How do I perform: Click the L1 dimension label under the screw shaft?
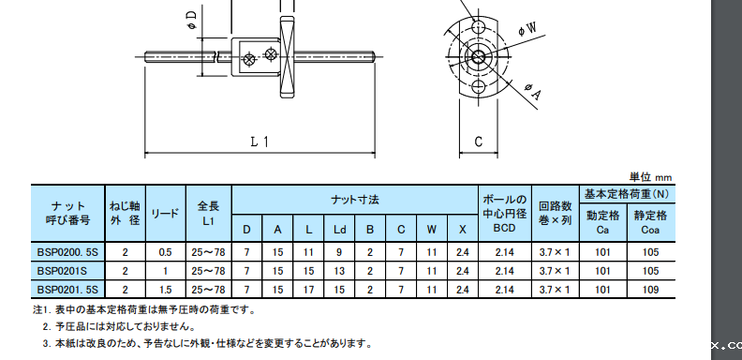click(260, 142)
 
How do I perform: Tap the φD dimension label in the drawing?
click(192, 21)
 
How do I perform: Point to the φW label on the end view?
click(527, 29)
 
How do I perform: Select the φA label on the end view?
click(532, 92)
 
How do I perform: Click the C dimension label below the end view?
click(479, 142)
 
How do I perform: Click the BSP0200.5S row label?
click(67, 252)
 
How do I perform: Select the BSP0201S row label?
click(62, 271)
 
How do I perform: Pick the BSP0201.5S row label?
click(67, 290)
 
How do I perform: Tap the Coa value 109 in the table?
click(650, 290)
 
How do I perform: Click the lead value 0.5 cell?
click(166, 252)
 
